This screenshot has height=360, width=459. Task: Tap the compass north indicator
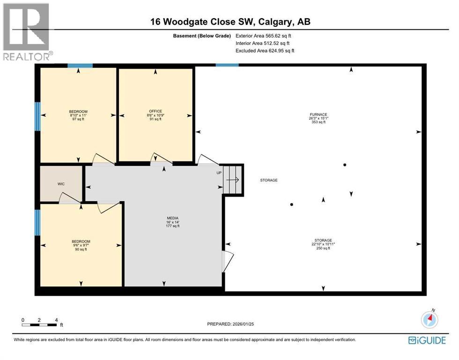click(x=429, y=320)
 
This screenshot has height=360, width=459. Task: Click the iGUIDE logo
click(x=427, y=340)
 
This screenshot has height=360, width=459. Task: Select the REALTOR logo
click(x=27, y=31)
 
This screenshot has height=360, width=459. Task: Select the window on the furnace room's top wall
click(x=227, y=65)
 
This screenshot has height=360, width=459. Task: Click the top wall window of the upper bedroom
click(x=79, y=66)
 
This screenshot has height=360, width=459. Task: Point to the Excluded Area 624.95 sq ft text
click(x=265, y=51)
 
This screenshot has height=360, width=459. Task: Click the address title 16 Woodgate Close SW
click(x=229, y=22)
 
